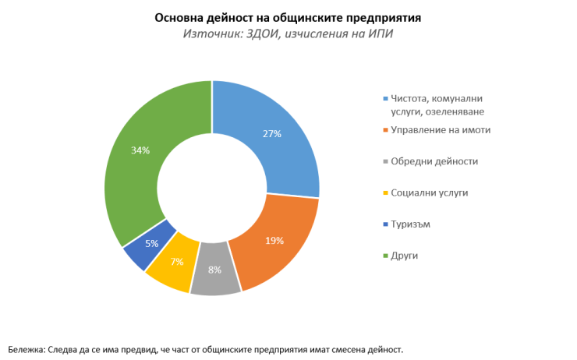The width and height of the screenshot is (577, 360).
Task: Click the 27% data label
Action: (271, 134)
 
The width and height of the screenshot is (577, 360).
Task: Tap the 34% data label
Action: (140, 150)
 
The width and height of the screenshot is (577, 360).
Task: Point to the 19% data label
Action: (274, 241)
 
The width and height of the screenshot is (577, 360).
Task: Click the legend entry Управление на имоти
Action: (440, 129)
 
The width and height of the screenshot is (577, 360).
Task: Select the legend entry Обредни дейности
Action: (434, 161)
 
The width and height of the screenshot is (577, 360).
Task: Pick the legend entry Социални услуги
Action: (430, 192)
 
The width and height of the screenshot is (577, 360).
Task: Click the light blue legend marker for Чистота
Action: (385, 98)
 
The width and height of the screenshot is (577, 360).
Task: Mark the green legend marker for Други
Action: (385, 256)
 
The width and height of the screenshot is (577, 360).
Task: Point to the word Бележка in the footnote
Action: (27, 348)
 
